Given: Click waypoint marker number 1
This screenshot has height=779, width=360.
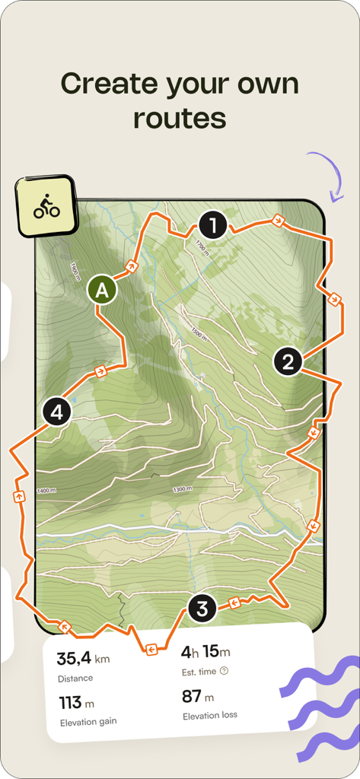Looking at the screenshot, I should coord(213,226).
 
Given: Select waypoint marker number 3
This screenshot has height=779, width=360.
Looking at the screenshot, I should coord(202,609).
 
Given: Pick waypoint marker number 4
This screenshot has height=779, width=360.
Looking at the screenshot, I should coord(57,413).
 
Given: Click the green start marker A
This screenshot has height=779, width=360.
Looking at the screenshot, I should coord(102,290).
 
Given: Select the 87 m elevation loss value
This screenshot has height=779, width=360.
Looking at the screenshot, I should coord(198,696).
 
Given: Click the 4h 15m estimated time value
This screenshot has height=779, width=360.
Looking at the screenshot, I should coord(205,652).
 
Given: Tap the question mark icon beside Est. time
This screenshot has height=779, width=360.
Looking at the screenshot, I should coord(224,671).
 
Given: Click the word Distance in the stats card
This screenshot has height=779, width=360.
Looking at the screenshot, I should coord(75,678).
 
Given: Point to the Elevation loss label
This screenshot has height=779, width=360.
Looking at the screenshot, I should coord(210,715).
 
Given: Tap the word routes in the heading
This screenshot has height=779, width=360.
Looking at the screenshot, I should coord(180,118).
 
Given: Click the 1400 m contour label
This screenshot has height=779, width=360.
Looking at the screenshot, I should coord(46,491).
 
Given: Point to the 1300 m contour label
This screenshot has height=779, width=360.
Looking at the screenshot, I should coord(183,489).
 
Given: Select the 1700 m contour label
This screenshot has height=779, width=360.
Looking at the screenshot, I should coord(200,246).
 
